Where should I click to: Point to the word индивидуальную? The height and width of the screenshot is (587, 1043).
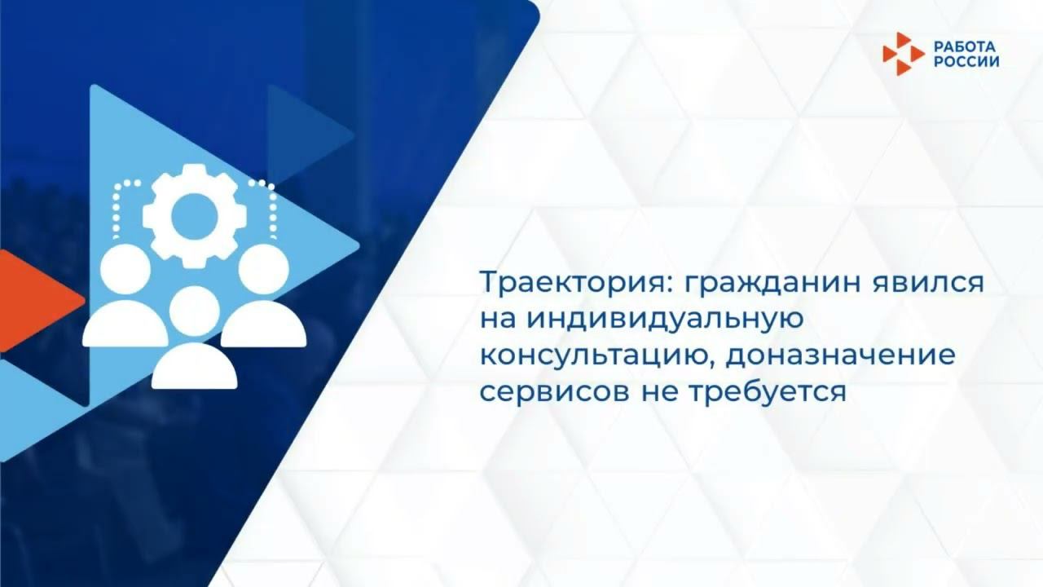click(664, 320)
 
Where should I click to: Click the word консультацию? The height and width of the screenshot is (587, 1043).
click(594, 355)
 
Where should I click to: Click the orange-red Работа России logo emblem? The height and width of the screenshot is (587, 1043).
click(903, 54)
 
